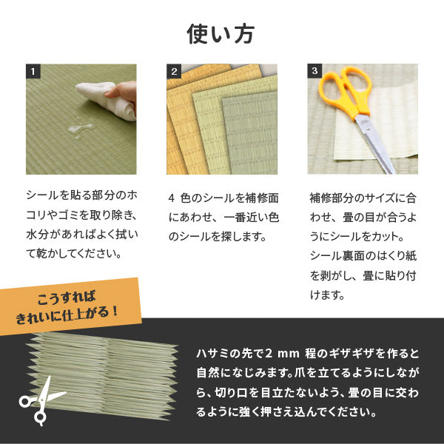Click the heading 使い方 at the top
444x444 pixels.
click(x=221, y=34)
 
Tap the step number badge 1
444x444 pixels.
click(x=33, y=72)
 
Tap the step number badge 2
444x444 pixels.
click(x=174, y=72)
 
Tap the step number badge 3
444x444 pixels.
click(x=314, y=72)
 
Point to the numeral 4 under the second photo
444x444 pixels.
click(x=172, y=199)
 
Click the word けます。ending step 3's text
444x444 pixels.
click(x=326, y=295)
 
